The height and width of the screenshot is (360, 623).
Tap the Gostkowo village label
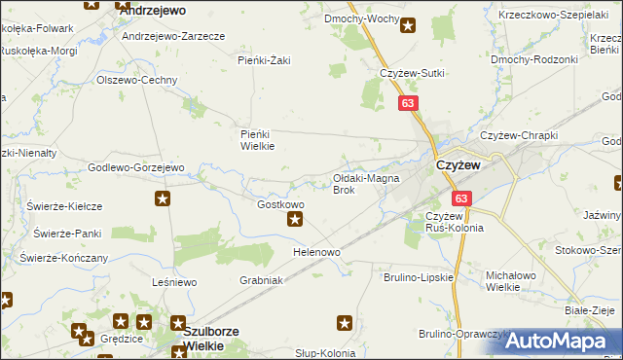(280, 205)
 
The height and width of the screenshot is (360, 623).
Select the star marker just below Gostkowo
(295, 220)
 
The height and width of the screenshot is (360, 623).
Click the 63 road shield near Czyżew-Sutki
(407, 101)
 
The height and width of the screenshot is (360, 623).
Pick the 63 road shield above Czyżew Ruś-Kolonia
(460, 198)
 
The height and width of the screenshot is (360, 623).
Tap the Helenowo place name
(317, 252)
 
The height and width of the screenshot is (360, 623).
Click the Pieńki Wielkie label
(258, 140)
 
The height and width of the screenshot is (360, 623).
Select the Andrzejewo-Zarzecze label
(173, 35)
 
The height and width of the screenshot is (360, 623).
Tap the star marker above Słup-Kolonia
(345, 322)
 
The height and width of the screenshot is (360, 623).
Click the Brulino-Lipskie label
(420, 277)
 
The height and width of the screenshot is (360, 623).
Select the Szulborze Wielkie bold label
(217, 338)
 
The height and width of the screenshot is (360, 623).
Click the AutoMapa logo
(555, 342)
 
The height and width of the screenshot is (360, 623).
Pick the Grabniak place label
(261, 279)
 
